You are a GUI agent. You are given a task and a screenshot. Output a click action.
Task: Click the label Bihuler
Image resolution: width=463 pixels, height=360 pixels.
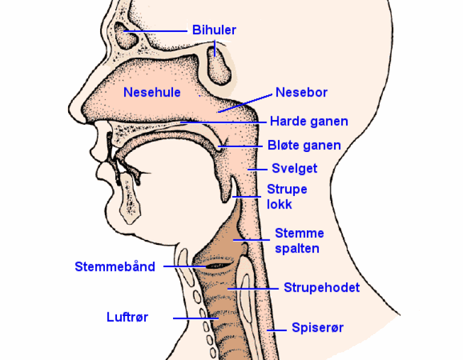tap(214, 30)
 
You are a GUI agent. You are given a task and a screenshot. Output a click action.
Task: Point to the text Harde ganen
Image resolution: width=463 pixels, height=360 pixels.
tap(309, 121)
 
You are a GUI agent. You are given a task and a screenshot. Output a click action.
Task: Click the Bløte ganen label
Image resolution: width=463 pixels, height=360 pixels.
tap(304, 145)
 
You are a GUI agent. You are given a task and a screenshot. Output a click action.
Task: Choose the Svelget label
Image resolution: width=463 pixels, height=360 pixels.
tap(294, 168)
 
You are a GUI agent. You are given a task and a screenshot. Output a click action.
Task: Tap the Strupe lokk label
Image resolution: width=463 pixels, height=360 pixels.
tap(287, 197)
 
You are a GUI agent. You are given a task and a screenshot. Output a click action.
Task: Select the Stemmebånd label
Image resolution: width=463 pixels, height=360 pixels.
tap(115, 266)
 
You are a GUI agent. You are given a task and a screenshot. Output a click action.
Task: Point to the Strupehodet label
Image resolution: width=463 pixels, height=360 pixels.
tap(321, 288)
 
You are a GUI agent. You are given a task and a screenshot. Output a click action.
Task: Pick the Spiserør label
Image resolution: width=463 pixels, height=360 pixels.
tap(317, 328)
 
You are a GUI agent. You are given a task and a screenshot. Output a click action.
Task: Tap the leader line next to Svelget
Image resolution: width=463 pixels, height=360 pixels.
tap(257, 168)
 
